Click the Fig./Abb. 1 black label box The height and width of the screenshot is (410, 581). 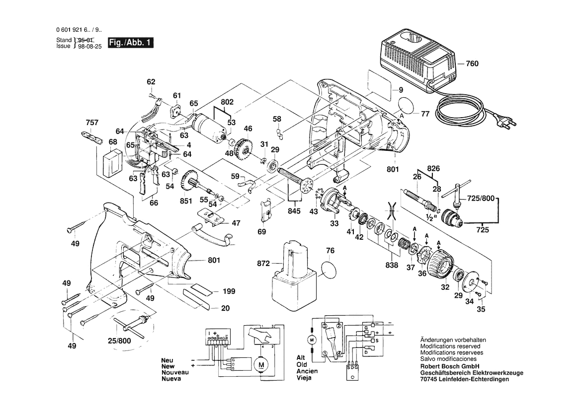pyautogui.click(x=130, y=43)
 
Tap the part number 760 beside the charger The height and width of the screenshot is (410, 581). pyautogui.click(x=472, y=64)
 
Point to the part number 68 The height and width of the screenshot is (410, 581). pyautogui.click(x=113, y=142)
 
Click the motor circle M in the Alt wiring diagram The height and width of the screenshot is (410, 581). pyautogui.click(x=312, y=340)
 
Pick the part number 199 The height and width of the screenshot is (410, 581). pyautogui.click(x=229, y=291)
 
